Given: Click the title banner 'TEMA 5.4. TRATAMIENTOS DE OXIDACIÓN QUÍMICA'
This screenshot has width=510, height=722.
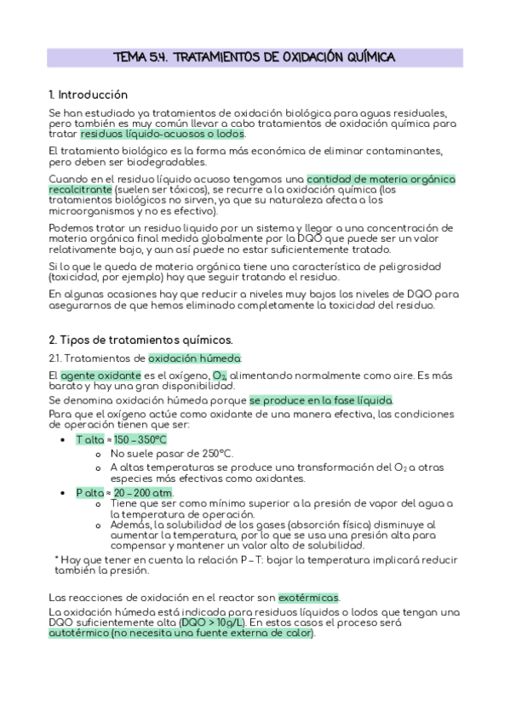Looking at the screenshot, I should pyautogui.click(x=254, y=57).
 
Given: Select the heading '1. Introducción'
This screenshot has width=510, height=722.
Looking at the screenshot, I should pyautogui.click(x=89, y=95).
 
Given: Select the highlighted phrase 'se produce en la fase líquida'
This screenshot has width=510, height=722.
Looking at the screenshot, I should pyautogui.click(x=321, y=400).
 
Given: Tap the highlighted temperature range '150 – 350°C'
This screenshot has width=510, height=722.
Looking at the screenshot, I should pyautogui.click(x=140, y=439).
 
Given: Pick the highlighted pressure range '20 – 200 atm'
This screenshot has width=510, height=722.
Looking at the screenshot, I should pyautogui.click(x=143, y=493).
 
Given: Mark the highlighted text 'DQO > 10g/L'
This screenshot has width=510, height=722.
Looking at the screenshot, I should pyautogui.click(x=211, y=623).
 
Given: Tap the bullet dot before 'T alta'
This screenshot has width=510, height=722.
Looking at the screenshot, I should pyautogui.click(x=65, y=440).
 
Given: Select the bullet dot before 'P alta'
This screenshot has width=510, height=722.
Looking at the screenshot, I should pyautogui.click(x=65, y=494).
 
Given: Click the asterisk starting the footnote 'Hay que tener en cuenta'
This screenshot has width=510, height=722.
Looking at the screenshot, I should pyautogui.click(x=55, y=558).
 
